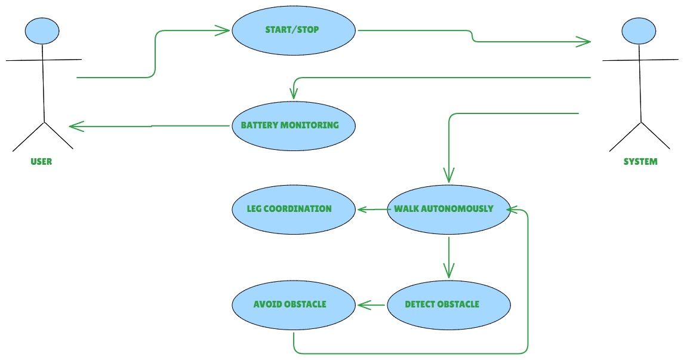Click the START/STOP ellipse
294,30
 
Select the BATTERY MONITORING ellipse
294,126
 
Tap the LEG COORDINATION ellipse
294,210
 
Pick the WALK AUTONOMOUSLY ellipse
449,210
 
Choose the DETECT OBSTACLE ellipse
449,305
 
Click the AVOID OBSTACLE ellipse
294,305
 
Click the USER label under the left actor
41,161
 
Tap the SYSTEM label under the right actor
640,161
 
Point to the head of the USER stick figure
42,31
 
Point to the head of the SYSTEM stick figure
639,31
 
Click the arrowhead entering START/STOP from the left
223,30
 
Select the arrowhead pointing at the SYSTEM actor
583,42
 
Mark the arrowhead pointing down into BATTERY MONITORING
294,93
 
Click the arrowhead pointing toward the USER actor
77,127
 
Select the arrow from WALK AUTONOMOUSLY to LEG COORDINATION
374,210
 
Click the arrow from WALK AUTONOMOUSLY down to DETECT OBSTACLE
449,257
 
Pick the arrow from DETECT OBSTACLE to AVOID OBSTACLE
371,305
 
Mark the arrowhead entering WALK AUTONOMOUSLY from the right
513,210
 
